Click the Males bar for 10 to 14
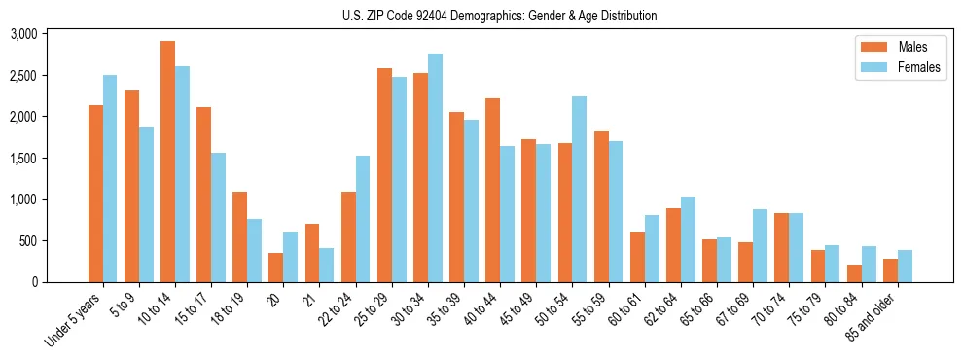[x=167, y=162]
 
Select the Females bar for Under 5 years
[x=110, y=179]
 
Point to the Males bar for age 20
[x=275, y=268]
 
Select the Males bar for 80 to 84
[x=854, y=273]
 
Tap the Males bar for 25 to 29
[x=384, y=175]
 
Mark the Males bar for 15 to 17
[x=203, y=195]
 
